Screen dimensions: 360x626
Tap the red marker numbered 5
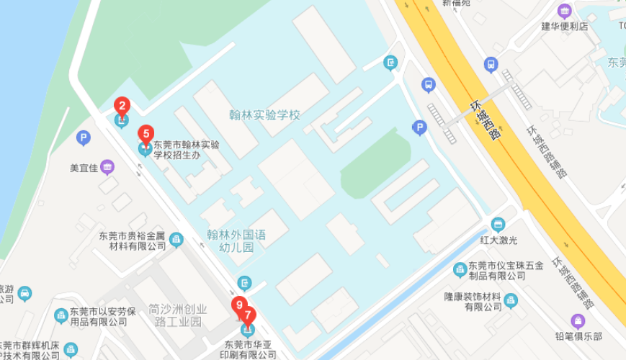146,134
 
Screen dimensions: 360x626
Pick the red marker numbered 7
248,315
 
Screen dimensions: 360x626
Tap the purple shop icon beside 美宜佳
107,168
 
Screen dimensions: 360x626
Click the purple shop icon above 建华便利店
565,11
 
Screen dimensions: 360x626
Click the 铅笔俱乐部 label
578,336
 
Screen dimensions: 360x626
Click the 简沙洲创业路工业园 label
180,315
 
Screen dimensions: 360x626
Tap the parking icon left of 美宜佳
84,138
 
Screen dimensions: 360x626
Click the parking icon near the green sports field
419,128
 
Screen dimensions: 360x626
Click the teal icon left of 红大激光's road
498,224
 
